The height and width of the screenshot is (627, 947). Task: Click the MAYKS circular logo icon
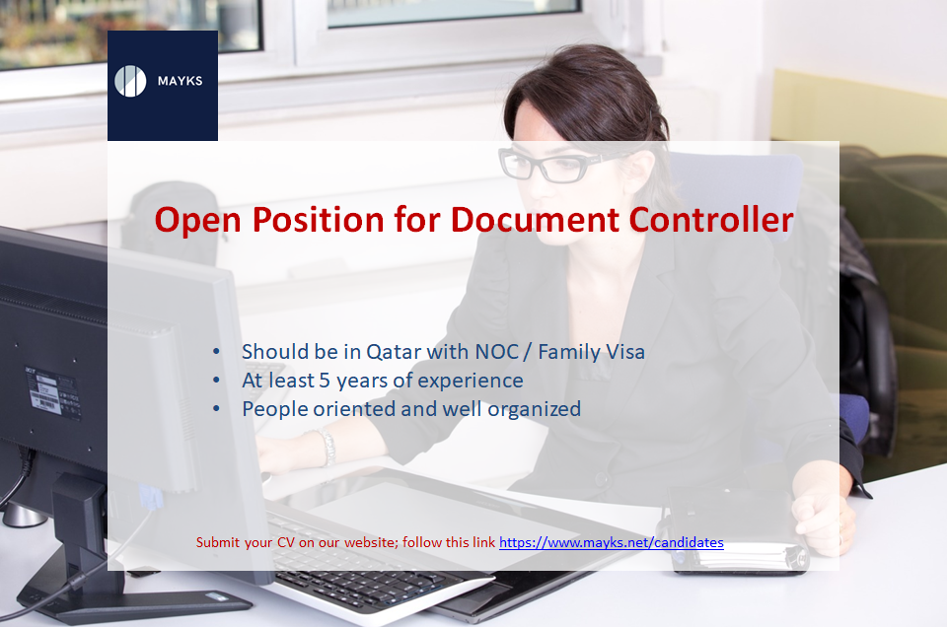(130, 81)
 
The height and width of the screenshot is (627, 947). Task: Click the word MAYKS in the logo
(180, 81)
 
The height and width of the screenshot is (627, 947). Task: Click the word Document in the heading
(535, 219)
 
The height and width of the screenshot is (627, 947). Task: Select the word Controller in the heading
(711, 219)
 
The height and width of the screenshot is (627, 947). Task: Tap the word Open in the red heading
(198, 221)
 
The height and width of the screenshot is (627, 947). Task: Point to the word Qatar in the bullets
(394, 352)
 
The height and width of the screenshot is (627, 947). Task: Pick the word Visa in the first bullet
(623, 351)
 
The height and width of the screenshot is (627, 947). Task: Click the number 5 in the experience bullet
(325, 381)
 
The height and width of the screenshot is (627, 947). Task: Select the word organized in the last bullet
(534, 410)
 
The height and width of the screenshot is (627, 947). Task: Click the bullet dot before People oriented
(217, 409)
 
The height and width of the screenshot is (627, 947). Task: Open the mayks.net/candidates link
(612, 542)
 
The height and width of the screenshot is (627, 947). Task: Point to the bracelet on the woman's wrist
(327, 447)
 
